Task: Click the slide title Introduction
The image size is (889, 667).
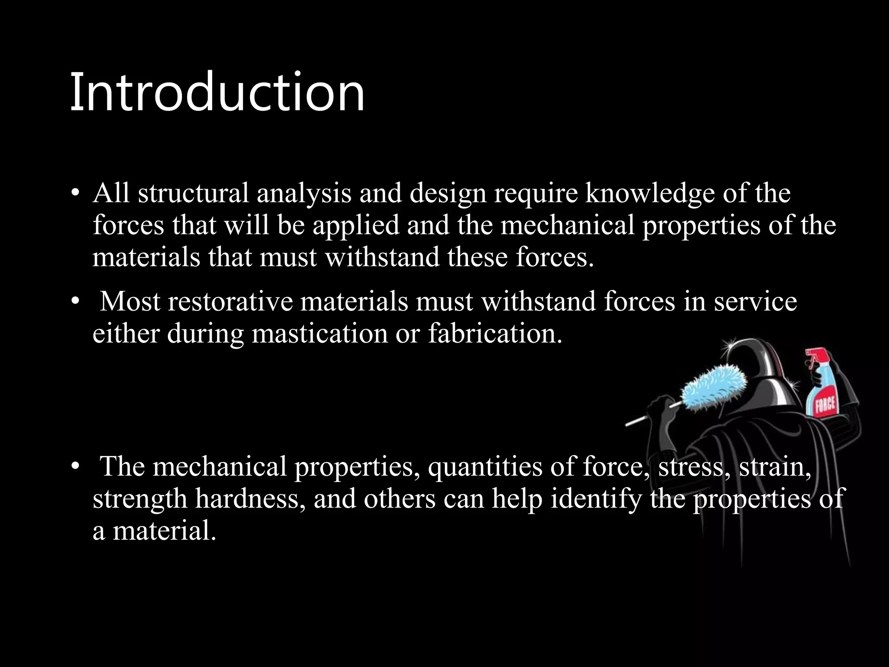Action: tap(217, 92)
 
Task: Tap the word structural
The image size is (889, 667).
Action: tap(193, 193)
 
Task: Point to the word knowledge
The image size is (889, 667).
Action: tap(649, 194)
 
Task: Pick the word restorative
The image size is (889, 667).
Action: tap(230, 301)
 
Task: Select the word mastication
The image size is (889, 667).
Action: tap(320, 333)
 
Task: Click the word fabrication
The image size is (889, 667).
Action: tap(495, 333)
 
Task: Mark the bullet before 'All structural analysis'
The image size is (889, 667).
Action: tap(76, 194)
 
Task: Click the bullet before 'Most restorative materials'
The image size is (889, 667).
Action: tap(76, 301)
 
